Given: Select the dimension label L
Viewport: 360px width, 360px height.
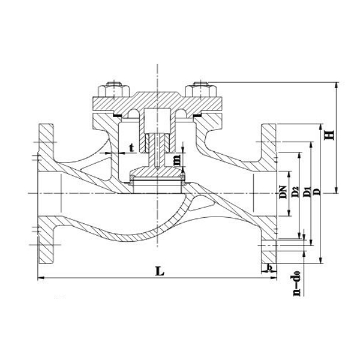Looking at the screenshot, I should click(159, 271).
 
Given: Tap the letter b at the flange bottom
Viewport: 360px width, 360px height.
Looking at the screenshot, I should click(270, 266).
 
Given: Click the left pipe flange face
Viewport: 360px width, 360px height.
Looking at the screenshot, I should click(46, 192).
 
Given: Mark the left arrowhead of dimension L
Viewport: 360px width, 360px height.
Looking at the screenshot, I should click(40, 278).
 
